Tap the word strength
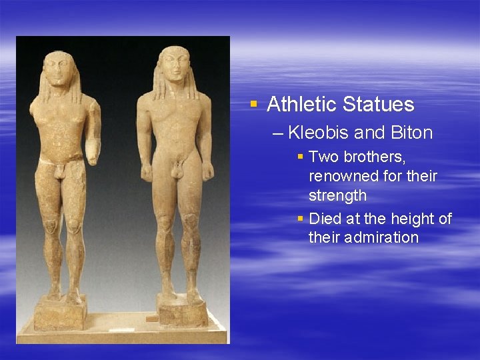337,195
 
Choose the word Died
325,219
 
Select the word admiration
363,237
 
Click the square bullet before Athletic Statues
253,104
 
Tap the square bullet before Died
301,219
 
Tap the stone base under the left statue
61,313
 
